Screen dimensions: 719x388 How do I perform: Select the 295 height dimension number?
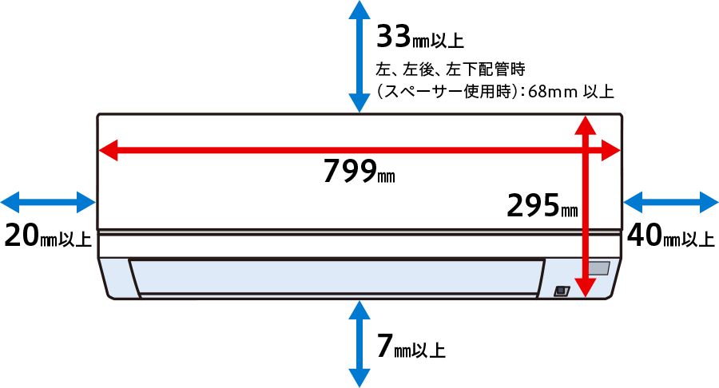point(534,205)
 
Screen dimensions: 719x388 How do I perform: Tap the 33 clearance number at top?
point(393,36)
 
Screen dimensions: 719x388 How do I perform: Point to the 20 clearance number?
point(22,236)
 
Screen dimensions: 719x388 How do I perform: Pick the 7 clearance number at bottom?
point(385,346)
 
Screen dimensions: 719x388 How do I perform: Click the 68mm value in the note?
point(552,92)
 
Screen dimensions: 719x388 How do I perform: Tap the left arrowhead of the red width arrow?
point(108,150)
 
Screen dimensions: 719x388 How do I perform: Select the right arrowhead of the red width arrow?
point(611,150)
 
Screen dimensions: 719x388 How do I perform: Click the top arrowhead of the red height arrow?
point(586,125)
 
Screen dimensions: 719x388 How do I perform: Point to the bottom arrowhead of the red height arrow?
point(586,288)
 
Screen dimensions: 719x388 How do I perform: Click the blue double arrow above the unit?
point(359,57)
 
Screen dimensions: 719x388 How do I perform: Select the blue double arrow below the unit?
point(359,344)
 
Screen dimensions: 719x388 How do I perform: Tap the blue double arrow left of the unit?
point(48,202)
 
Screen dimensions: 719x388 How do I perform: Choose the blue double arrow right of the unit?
point(671,202)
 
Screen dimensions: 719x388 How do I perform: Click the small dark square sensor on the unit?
point(562,291)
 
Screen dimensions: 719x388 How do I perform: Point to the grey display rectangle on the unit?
point(599,268)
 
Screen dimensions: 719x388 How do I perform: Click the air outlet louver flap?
point(337,277)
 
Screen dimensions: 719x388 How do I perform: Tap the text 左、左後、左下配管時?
point(451,69)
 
